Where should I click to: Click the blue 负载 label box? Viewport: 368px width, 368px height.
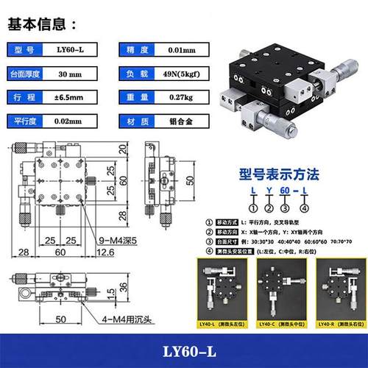point(138,74)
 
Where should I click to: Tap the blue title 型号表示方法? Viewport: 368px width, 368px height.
point(280,175)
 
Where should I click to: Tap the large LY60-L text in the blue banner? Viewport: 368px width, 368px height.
point(183,350)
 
